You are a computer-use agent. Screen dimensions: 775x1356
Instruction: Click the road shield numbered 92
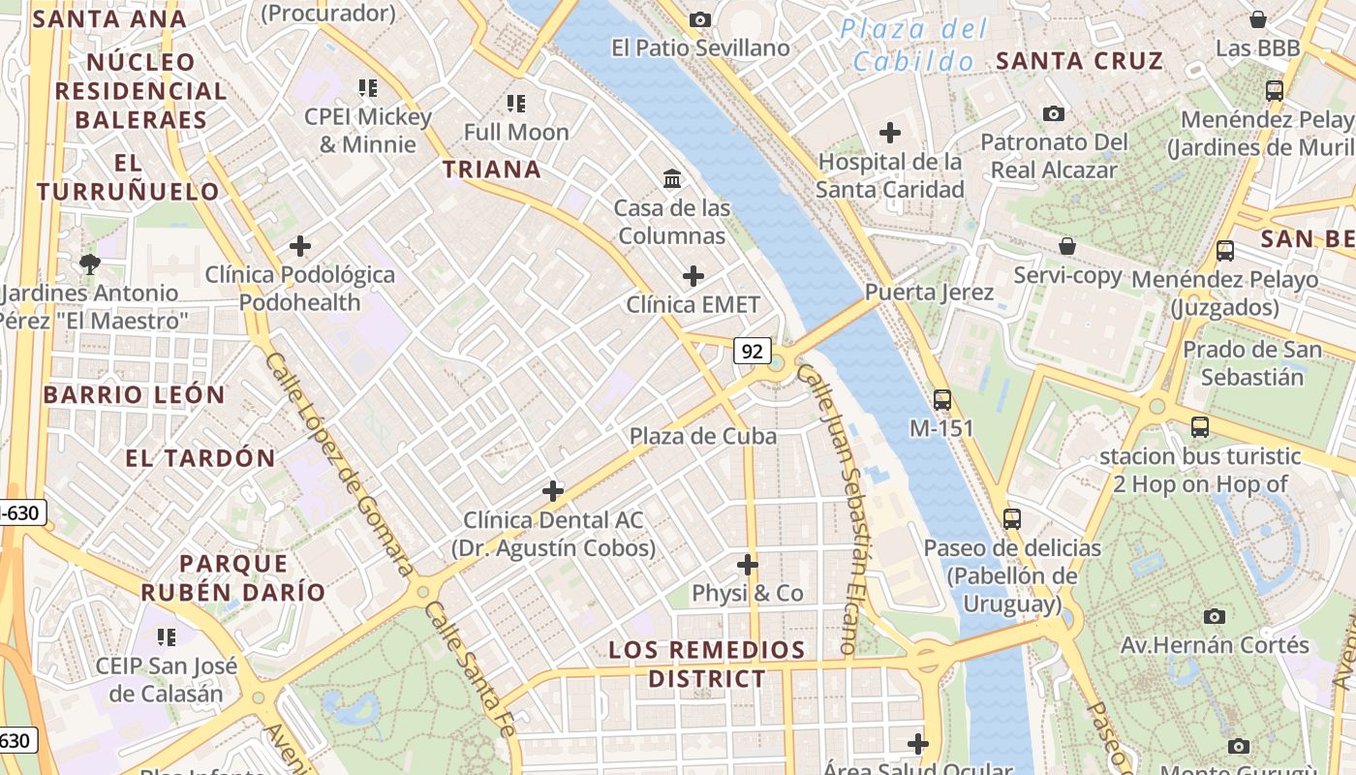pyautogui.click(x=752, y=350)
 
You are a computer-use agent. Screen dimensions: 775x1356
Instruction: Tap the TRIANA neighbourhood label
pyautogui.click(x=492, y=170)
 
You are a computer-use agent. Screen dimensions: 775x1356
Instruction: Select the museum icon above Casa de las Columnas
pyautogui.click(x=672, y=178)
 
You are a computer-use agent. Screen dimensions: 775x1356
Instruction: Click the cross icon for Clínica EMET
pyautogui.click(x=693, y=276)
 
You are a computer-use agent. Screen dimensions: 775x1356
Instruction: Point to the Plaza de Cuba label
pyautogui.click(x=703, y=436)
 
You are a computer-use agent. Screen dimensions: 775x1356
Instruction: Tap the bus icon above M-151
pyautogui.click(x=941, y=399)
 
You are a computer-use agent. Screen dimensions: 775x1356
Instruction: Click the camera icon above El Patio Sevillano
pyautogui.click(x=699, y=19)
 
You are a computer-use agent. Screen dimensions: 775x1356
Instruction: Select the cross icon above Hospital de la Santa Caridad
pyautogui.click(x=890, y=133)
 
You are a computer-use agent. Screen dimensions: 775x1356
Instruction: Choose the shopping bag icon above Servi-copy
pyautogui.click(x=1067, y=246)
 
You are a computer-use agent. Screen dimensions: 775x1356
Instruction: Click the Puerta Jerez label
pyautogui.click(x=929, y=293)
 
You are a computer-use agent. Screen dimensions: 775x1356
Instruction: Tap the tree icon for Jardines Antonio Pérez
pyautogui.click(x=90, y=263)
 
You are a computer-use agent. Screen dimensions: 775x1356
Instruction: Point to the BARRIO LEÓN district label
pyautogui.click(x=134, y=395)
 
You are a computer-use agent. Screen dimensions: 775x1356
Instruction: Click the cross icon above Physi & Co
pyautogui.click(x=748, y=564)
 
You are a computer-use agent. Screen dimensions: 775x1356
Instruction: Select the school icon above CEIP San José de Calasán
pyautogui.click(x=167, y=636)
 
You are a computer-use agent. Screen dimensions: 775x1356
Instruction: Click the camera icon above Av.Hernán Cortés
pyautogui.click(x=1214, y=616)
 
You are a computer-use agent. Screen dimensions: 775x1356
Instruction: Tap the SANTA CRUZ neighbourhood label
pyautogui.click(x=1079, y=61)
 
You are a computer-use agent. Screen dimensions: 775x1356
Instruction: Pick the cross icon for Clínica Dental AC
pyautogui.click(x=553, y=491)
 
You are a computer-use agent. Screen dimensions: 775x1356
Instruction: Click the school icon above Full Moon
pyautogui.click(x=516, y=103)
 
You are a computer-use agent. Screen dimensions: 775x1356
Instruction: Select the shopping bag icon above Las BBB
pyautogui.click(x=1258, y=19)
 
